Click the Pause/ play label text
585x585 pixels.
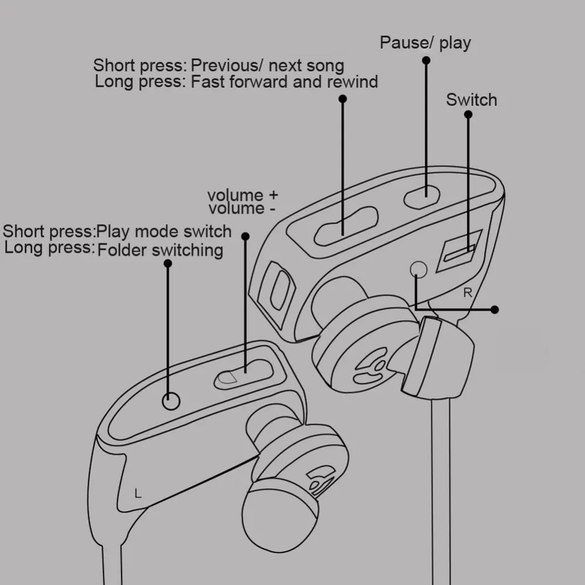tap(425, 43)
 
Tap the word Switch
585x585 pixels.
tap(471, 99)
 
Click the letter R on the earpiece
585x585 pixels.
tap(467, 293)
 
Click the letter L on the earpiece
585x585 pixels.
tap(138, 493)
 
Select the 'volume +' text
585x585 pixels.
tap(243, 195)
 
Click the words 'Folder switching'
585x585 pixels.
tap(160, 250)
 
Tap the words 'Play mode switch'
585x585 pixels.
tap(164, 231)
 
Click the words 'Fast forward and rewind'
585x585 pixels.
tap(284, 81)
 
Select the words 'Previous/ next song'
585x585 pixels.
tap(267, 66)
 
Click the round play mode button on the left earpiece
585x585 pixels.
tap(170, 401)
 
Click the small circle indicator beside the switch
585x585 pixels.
tap(419, 269)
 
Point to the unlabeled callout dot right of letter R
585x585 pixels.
tap(495, 309)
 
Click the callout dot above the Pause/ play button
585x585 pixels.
tap(425, 62)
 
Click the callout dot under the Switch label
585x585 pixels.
tap(468, 115)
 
